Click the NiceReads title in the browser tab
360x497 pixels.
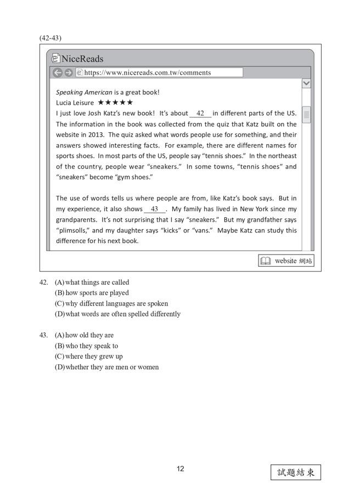point(82,59)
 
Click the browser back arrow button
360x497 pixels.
point(58,72)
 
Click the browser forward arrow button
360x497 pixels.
point(68,72)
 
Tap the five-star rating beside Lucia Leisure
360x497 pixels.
point(115,103)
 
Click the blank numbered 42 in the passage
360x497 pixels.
point(200,114)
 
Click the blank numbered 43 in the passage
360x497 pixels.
point(154,209)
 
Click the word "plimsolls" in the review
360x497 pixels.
point(74,230)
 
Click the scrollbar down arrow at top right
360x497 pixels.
point(306,83)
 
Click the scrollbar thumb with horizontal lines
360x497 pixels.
point(306,115)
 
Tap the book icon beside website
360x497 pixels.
point(266,261)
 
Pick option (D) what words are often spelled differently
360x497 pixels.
point(117,314)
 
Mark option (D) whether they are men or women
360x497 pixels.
point(106,367)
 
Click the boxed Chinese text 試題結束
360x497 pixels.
point(295,472)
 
